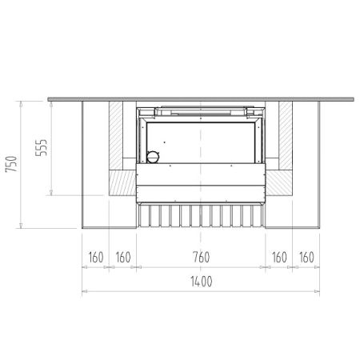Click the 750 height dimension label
pos(11,164)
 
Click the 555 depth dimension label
pos(41,147)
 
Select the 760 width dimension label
pos(201,257)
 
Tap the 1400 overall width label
pos(202,282)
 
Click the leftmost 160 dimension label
pos(96,258)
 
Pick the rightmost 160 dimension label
pos(306,258)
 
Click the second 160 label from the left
pos(123,258)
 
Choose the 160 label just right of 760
pos(279,258)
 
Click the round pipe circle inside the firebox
pos(153,157)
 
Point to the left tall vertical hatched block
pos(116,135)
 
